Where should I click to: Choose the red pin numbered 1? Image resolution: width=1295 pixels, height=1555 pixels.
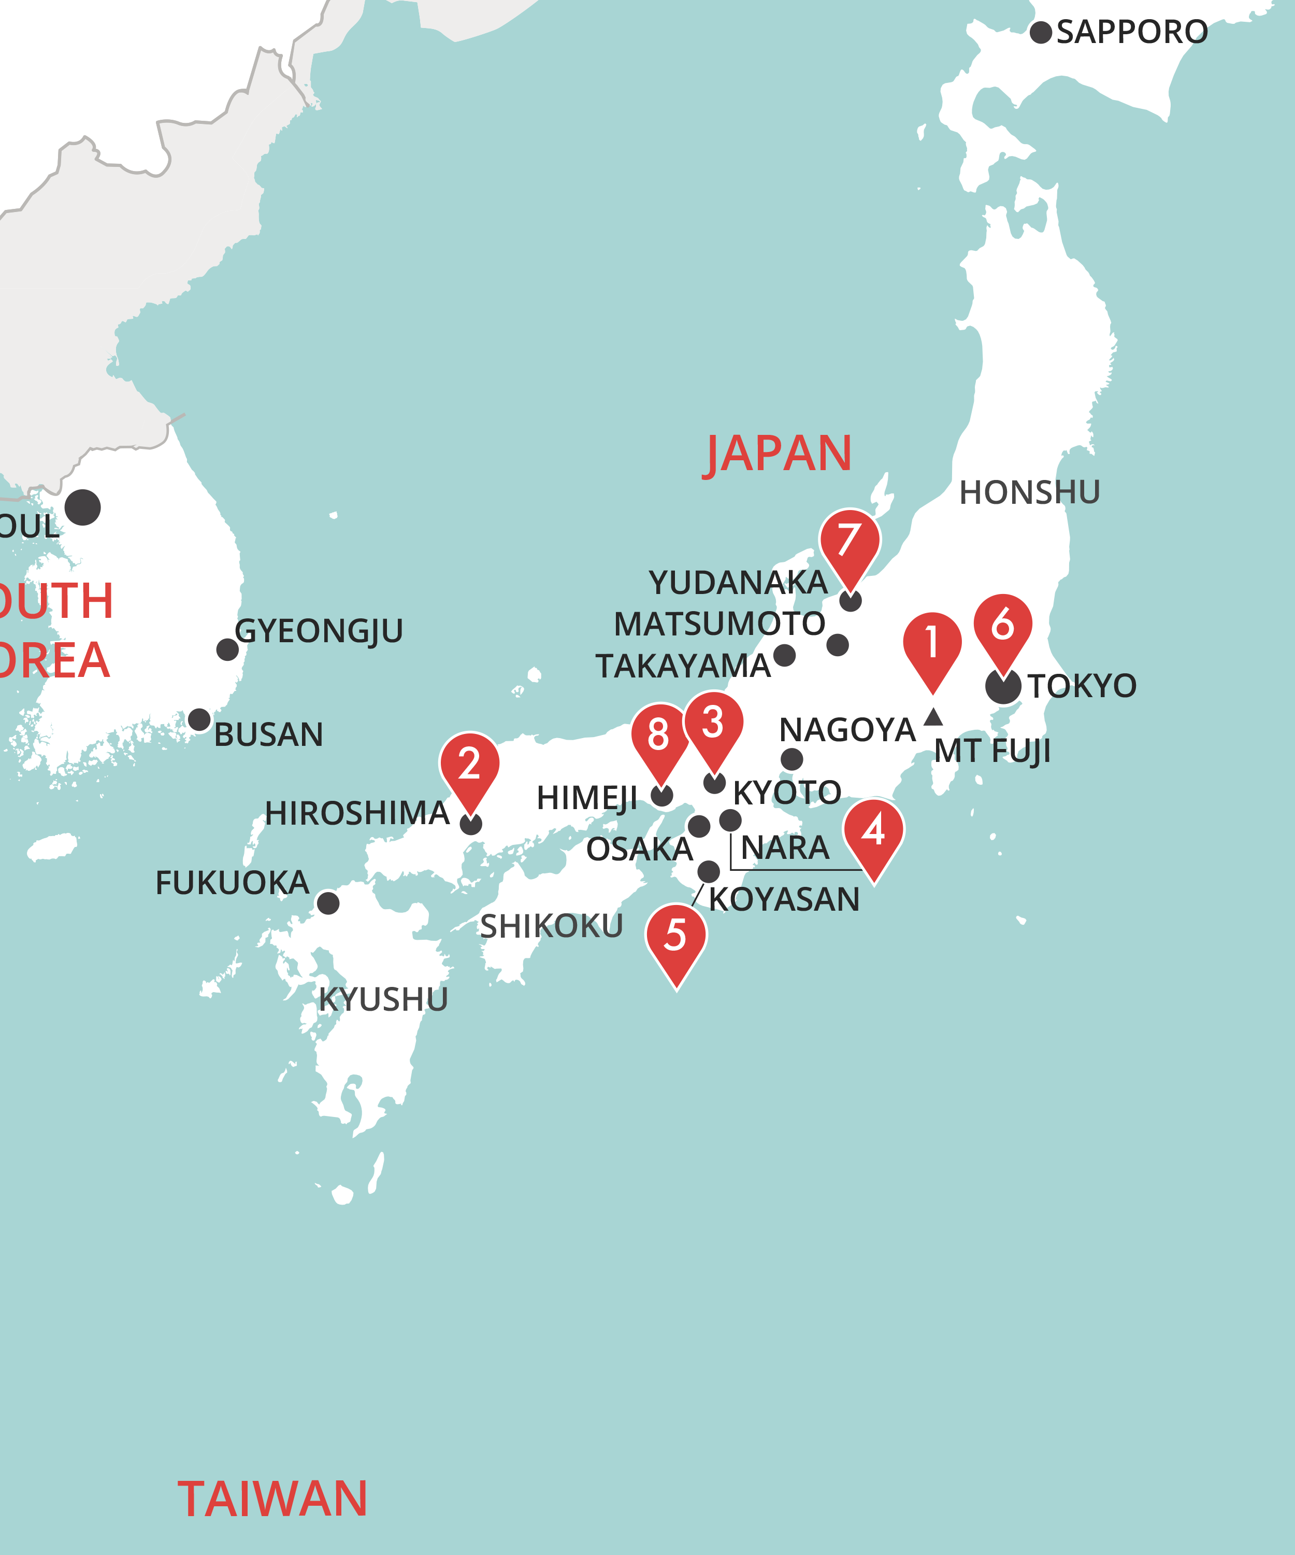[x=932, y=644]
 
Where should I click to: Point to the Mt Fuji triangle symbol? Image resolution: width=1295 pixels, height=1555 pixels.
[x=933, y=717]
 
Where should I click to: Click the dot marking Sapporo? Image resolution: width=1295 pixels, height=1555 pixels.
[x=1041, y=33]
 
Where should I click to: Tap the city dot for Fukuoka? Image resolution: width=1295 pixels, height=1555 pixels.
[x=328, y=903]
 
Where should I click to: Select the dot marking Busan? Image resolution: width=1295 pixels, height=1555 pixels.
[x=199, y=720]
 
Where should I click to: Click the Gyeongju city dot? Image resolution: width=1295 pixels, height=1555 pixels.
[x=227, y=649]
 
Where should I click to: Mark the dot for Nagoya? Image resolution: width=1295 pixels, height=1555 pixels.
[x=792, y=759]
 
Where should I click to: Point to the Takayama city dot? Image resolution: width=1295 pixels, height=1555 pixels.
[x=784, y=655]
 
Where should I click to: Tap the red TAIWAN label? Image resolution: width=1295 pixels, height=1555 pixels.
[x=272, y=1499]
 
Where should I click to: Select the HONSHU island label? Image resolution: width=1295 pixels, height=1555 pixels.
[x=1029, y=493]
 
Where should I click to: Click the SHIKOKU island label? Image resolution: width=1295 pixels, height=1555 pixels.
[x=551, y=926]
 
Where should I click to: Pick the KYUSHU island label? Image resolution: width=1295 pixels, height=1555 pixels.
[x=383, y=1000]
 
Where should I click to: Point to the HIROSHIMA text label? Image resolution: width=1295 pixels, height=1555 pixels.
[x=357, y=813]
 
